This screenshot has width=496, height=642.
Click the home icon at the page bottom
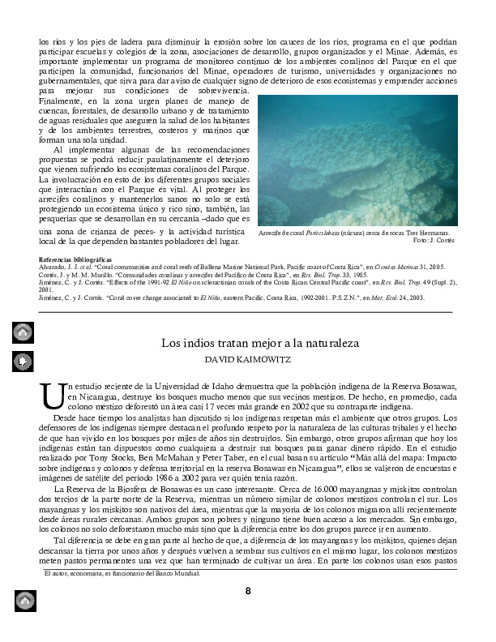coord(24,602)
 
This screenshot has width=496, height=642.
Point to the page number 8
coord(249,590)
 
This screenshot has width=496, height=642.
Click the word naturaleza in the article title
coord(323,343)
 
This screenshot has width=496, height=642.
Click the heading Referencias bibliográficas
coord(79,259)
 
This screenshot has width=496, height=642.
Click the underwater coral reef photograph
coord(357,160)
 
